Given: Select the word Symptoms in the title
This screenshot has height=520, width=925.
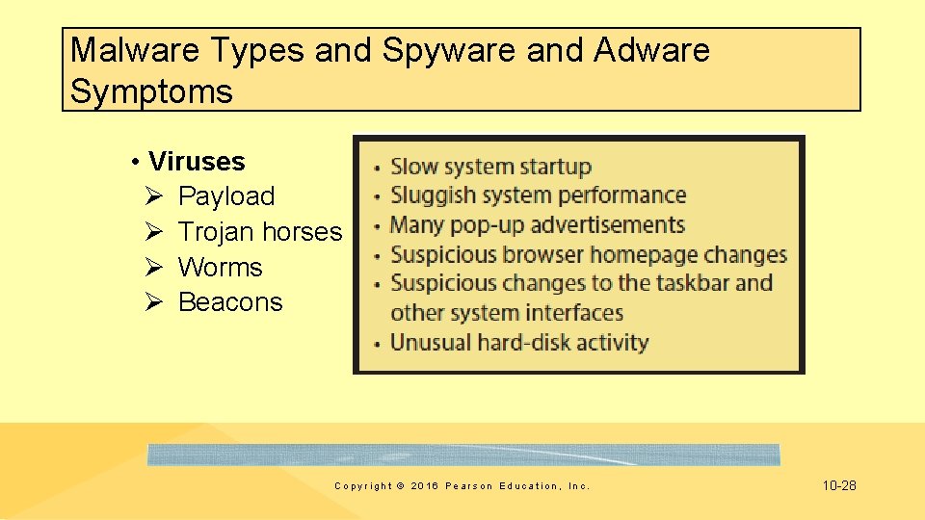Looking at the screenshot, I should click(x=151, y=92).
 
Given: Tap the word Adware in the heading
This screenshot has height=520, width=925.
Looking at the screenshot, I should click(x=651, y=50).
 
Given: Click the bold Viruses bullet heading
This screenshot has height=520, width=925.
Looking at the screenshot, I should click(x=197, y=161).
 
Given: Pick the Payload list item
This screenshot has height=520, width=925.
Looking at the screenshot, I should click(x=226, y=196).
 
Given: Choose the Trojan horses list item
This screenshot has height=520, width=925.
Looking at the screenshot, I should click(x=260, y=232).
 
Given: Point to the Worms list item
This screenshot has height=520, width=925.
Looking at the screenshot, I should click(x=221, y=267).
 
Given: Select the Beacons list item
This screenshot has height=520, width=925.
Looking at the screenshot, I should click(x=230, y=302).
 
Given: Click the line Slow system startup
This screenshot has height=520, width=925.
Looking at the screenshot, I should click(x=490, y=167).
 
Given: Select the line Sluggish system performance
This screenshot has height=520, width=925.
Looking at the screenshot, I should click(x=538, y=195).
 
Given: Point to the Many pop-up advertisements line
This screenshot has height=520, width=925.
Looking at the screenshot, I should click(x=537, y=225).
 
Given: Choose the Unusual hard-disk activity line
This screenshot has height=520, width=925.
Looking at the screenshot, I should click(x=519, y=342).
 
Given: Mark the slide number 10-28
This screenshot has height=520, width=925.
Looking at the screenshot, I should click(x=838, y=485).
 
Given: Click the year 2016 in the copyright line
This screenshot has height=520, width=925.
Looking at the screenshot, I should click(x=425, y=486).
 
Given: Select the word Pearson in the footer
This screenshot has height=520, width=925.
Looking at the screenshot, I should click(x=469, y=486).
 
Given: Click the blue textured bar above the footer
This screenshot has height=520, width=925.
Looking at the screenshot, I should click(x=463, y=455).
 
